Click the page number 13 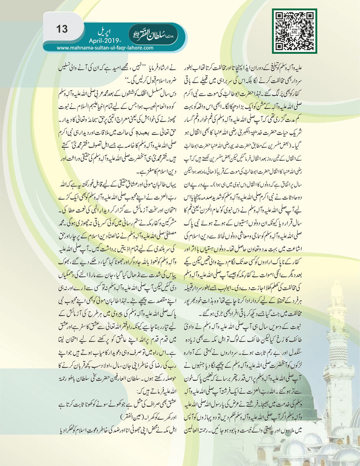pyautogui.click(x=62, y=29)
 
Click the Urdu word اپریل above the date pyautogui.click(x=104, y=33)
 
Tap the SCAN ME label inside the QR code pyautogui.click(x=295, y=31)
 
